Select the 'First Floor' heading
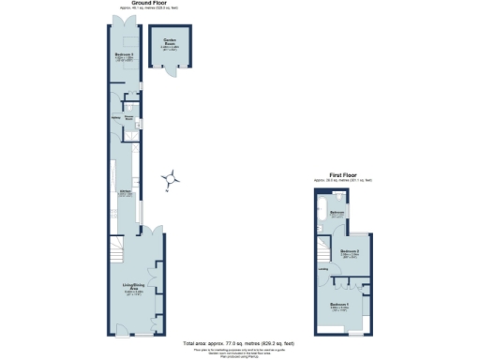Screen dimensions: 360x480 pyautogui.click(x=343, y=173)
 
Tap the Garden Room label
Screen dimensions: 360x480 pyautogui.click(x=170, y=40)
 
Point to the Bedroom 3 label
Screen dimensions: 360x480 pyautogui.click(x=123, y=56)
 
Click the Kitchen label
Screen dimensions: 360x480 pyautogui.click(x=123, y=193)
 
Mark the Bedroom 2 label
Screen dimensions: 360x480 pyautogui.click(x=350, y=252)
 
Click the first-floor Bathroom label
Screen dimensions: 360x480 pyautogui.click(x=338, y=213)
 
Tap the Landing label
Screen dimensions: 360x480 pyautogui.click(x=323, y=273)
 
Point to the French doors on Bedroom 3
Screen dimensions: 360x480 pyautogui.click(x=123, y=20)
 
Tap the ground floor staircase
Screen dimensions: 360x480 pyautogui.click(x=116, y=249)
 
